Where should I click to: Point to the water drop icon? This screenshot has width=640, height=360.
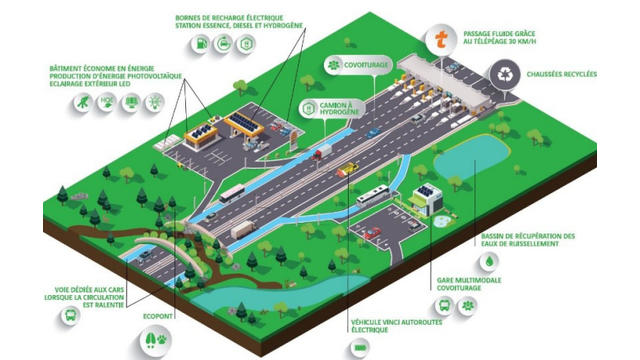(490, 259)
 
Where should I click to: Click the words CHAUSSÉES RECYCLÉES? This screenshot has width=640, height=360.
(560, 74)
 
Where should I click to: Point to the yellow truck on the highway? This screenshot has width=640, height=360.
(347, 170)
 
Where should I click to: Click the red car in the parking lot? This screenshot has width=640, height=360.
(372, 233)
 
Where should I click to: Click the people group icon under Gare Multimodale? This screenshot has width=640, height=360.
(466, 304)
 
